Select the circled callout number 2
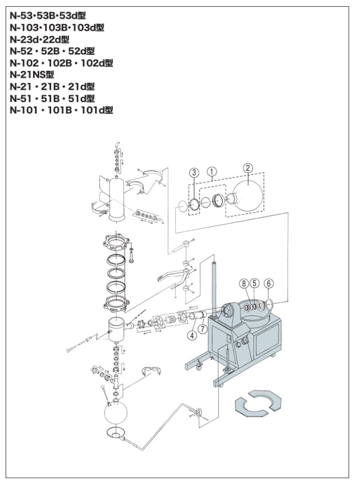pos(248,167)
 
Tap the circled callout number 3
pos(193,172)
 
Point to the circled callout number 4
pos(192,335)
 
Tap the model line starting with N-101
pos(61,110)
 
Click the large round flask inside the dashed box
pos(248,195)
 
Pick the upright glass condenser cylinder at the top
pos(117,199)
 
